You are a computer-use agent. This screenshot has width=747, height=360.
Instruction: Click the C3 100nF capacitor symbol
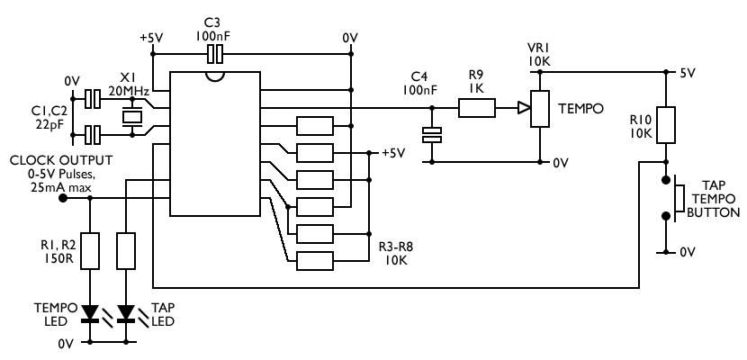(213, 55)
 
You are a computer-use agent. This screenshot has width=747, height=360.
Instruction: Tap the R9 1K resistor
(476, 110)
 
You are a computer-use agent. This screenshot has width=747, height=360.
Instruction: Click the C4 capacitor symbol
(433, 136)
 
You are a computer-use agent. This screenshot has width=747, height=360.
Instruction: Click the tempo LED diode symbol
(90, 312)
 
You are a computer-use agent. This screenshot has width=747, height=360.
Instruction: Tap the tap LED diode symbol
(125, 312)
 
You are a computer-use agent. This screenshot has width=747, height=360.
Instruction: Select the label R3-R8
(396, 244)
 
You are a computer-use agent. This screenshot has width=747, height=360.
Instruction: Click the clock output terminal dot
(63, 198)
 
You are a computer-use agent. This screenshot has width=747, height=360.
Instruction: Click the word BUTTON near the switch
(713, 213)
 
